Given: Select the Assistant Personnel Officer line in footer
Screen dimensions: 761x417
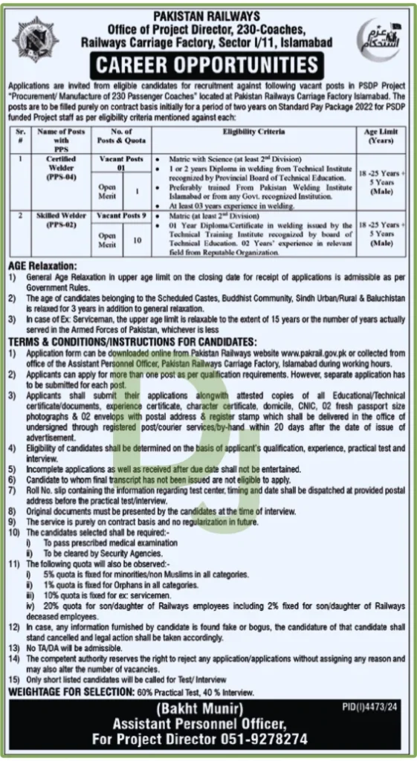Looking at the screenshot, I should tap(208, 724).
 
